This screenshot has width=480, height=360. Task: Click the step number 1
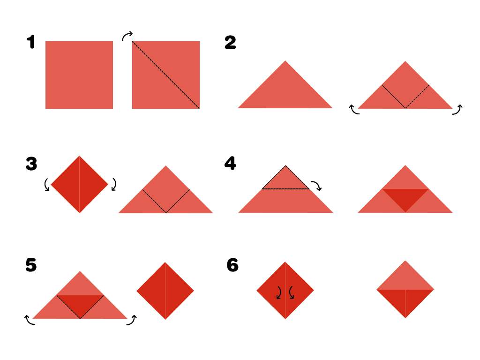click(x=31, y=42)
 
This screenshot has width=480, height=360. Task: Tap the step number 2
click(x=230, y=42)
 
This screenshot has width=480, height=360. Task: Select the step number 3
click(x=31, y=164)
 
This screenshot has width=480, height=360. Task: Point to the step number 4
click(x=230, y=163)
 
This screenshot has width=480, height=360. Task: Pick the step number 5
click(x=31, y=265)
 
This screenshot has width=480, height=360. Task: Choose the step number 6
click(x=232, y=265)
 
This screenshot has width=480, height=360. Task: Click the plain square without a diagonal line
click(x=79, y=75)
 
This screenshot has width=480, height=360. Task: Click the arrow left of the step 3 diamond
click(x=46, y=185)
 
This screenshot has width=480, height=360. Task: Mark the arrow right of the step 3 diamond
click(x=114, y=184)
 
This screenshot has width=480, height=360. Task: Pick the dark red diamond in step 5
click(x=165, y=291)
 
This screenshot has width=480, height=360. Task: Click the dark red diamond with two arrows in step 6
click(x=285, y=290)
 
